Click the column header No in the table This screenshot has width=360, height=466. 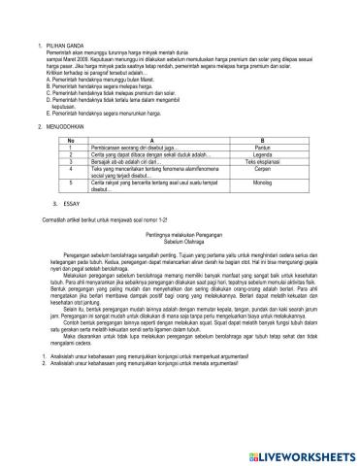[72, 142]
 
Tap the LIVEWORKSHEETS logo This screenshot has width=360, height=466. [295, 453]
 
